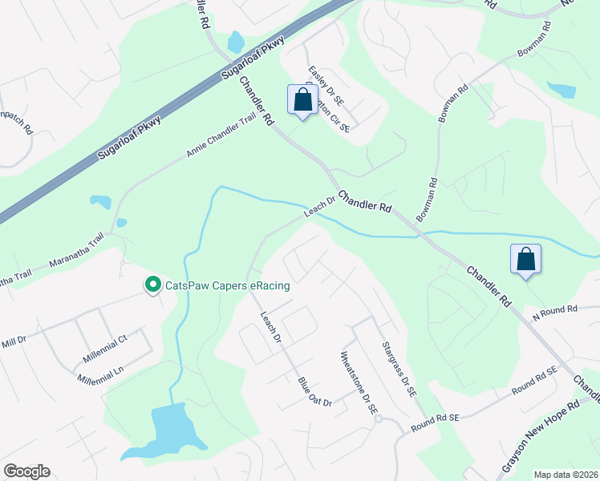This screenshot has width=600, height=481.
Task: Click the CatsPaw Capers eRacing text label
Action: [x=227, y=285]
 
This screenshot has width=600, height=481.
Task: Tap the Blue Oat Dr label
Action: [x=314, y=391]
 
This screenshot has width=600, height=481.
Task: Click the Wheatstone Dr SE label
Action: [x=359, y=382]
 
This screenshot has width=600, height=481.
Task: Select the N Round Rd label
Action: [x=556, y=309]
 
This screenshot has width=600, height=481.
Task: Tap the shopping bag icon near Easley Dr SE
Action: [x=302, y=101]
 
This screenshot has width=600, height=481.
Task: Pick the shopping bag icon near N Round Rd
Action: [x=526, y=260]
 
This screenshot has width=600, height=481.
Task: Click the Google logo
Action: [x=26, y=471]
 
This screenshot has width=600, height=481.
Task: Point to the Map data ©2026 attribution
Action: [x=566, y=475]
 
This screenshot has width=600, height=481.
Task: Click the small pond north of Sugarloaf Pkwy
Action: [x=236, y=41]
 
